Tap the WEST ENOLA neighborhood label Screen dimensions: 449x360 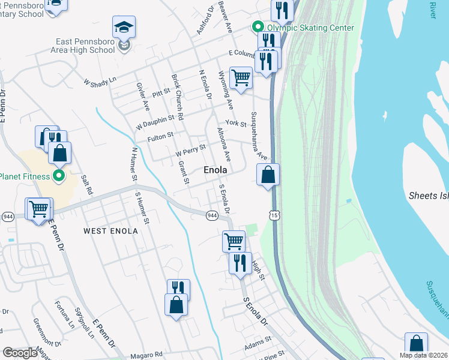coord(110,231)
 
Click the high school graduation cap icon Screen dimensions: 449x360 coord(124,28)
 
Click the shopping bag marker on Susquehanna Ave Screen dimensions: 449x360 coord(268,176)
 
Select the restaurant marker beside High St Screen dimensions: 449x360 coord(239,263)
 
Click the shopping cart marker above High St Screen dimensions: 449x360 coord(234,241)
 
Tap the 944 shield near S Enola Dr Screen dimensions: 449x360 coord(212,215)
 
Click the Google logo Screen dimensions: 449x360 coord(20,353)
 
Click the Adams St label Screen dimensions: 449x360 coord(259,346)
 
